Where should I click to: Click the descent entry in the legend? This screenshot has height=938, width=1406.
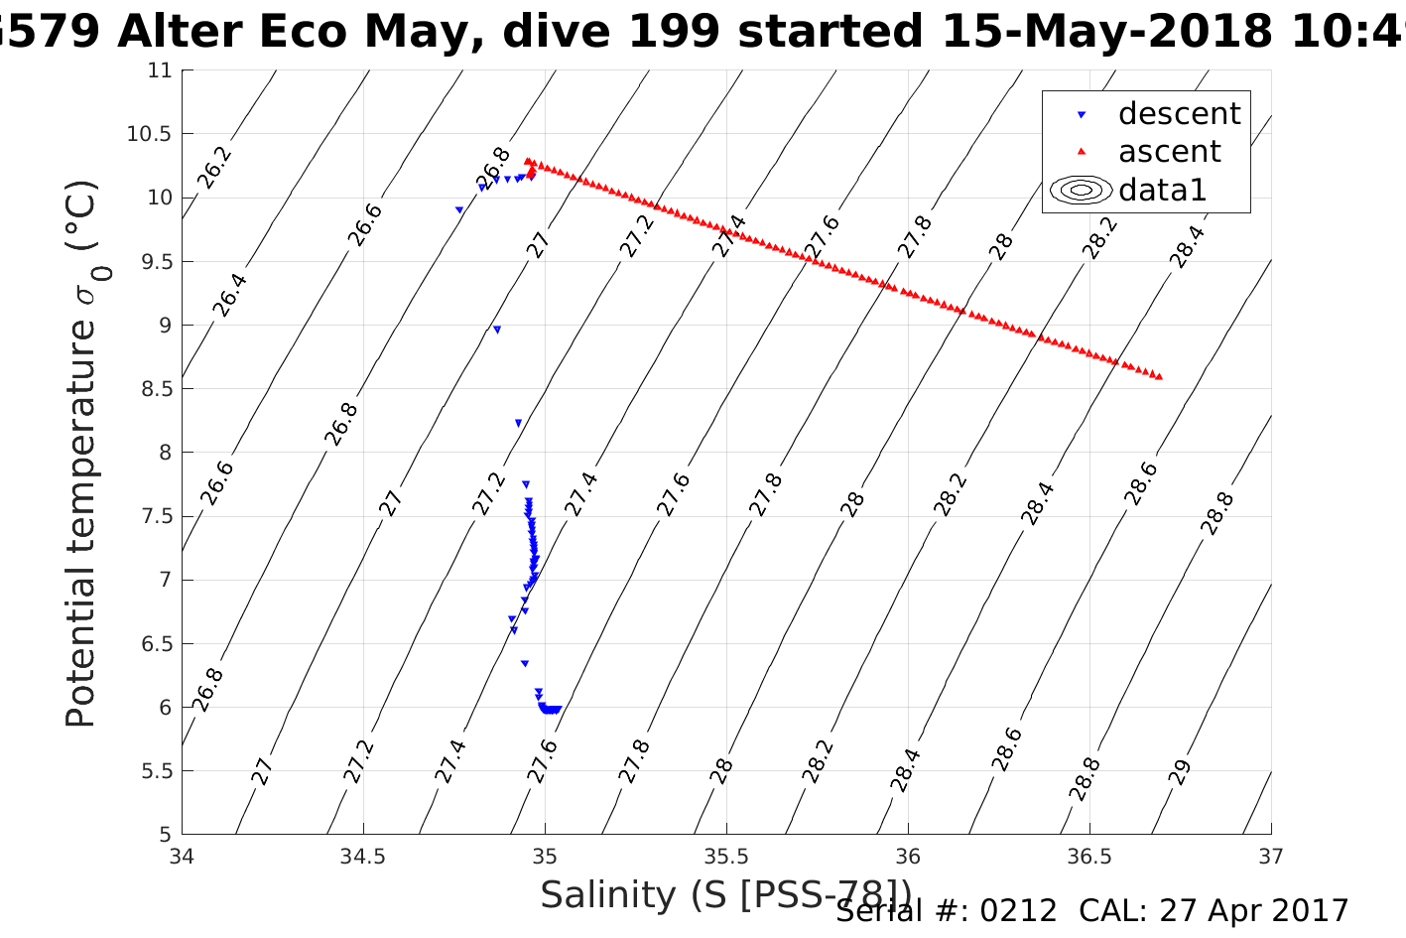[1179, 114]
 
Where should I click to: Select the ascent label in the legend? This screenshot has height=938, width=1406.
[1169, 152]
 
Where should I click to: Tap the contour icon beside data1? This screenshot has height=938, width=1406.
[1081, 190]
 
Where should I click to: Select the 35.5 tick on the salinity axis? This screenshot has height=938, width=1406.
[726, 856]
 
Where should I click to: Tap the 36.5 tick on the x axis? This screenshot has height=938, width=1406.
[1089, 856]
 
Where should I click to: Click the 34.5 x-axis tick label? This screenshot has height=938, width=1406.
[363, 856]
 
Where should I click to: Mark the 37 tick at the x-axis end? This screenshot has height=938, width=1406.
[1271, 856]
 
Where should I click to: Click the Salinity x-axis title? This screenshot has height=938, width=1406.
[724, 895]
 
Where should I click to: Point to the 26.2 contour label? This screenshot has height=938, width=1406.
[213, 167]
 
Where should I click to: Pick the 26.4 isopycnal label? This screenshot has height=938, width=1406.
[230, 295]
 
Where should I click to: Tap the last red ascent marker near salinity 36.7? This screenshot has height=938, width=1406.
[1159, 376]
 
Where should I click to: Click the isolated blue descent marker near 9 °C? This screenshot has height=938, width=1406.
[497, 330]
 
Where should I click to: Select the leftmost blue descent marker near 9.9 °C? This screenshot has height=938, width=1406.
[459, 210]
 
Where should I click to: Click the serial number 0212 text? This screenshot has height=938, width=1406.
[1018, 911]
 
